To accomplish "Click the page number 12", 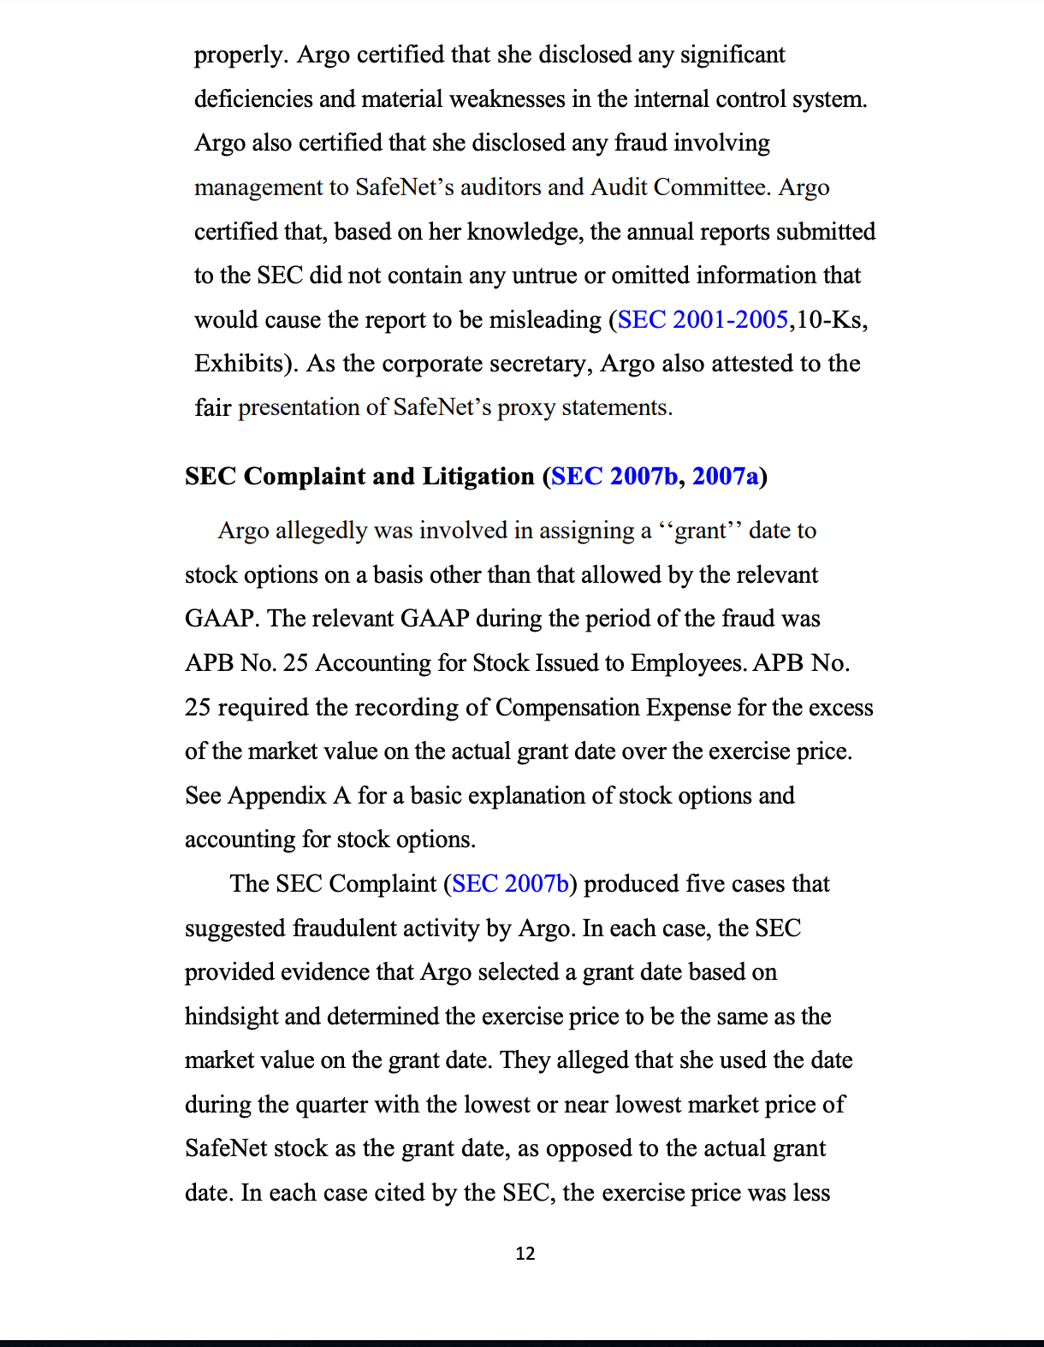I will (525, 1254).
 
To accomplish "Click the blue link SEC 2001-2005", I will (703, 320).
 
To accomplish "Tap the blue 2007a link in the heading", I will (725, 477).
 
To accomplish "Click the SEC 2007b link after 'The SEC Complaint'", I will (510, 884).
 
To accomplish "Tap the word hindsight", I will (231, 1017).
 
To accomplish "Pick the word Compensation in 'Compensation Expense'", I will (566, 708).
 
